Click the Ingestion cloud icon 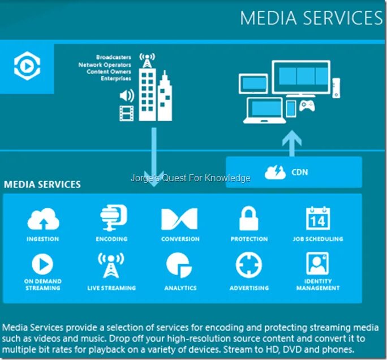(x=43, y=219)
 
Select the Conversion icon (x=180, y=219)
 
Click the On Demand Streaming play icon (x=43, y=263)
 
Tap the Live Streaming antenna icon (x=111, y=265)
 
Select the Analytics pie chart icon (x=180, y=264)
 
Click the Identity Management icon (x=317, y=263)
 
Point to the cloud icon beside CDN (x=276, y=172)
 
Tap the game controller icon (x=307, y=106)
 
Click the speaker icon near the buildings (x=126, y=96)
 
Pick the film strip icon (x=126, y=113)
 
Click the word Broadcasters (x=113, y=58)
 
